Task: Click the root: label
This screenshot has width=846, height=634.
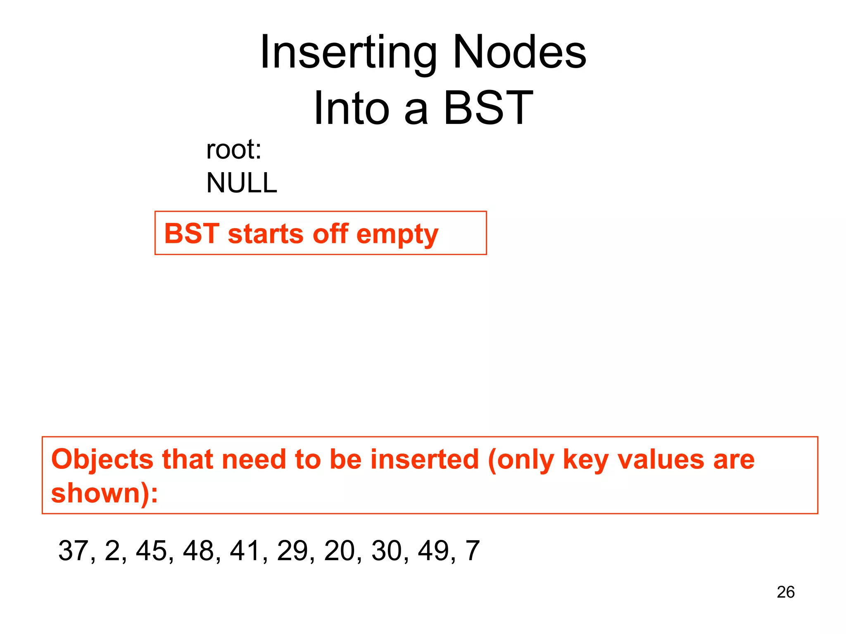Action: pos(234,149)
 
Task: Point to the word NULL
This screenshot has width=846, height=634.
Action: pos(242,183)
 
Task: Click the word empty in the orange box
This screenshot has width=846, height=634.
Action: pos(397,234)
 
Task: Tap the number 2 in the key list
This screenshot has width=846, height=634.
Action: pos(112,551)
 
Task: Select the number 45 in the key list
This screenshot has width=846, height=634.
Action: pos(152,551)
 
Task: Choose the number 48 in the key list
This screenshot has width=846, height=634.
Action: pos(199,551)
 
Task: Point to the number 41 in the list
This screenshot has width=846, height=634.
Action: pos(245,551)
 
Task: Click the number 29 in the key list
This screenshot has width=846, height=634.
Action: pos(292,551)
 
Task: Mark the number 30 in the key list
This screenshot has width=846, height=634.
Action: pos(387,551)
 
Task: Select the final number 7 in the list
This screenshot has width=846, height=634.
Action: pos(473,551)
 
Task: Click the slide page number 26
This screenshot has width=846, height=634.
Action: pos(785,592)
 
